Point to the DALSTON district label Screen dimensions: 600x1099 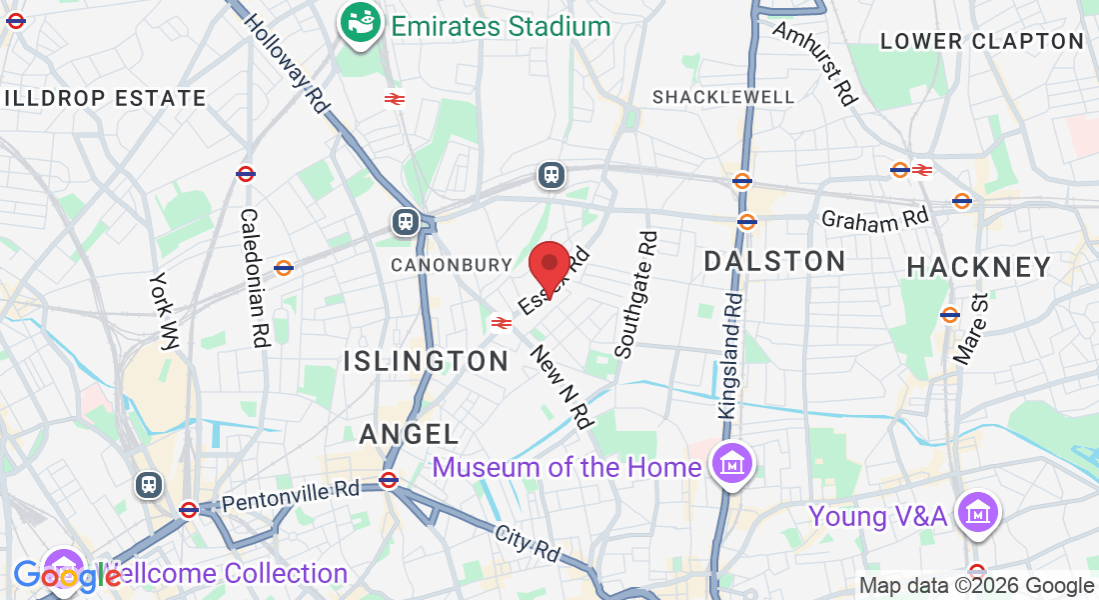(774, 262)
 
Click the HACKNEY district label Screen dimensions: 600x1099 (979, 267)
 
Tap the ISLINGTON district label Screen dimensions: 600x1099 (427, 361)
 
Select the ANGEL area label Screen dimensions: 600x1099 (409, 434)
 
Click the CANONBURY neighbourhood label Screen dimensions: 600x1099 (451, 265)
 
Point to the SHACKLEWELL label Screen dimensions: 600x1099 (723, 97)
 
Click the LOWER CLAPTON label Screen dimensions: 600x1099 (982, 41)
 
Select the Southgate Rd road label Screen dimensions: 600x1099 (636, 295)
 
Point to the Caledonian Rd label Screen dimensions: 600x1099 (254, 278)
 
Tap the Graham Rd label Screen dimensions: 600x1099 (875, 219)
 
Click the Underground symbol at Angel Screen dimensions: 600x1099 (389, 480)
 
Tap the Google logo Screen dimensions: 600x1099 (67, 576)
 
